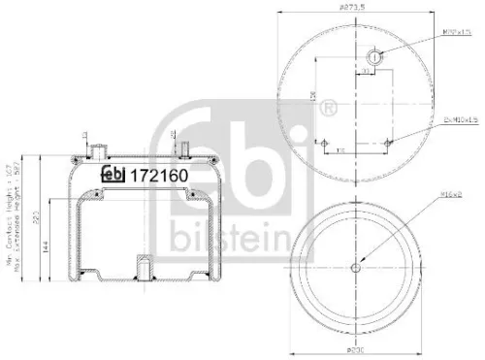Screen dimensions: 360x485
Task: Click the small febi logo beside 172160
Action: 114,174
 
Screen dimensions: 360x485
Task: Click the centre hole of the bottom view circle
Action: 359,268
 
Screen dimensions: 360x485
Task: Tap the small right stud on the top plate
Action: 181,150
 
